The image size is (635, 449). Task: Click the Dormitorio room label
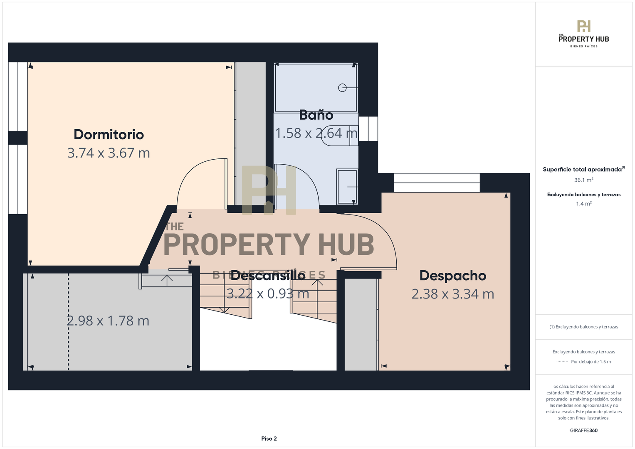[x=109, y=134]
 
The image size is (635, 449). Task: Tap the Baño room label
[x=316, y=115]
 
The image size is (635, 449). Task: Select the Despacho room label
[x=453, y=276]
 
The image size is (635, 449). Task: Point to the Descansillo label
[x=268, y=275]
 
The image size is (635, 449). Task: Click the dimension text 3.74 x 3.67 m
[x=109, y=153]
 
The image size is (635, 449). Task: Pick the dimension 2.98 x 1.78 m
[x=108, y=321]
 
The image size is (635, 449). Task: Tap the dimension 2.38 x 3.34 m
[x=453, y=294]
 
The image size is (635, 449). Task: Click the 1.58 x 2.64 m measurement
[x=316, y=133]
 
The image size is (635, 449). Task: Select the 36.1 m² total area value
[x=584, y=180]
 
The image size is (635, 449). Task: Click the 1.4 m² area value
[x=584, y=204]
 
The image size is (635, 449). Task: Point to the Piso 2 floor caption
[x=269, y=439]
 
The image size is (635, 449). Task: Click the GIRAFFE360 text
[x=584, y=430]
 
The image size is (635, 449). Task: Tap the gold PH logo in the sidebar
[x=584, y=26]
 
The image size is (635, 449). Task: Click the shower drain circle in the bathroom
[x=342, y=88]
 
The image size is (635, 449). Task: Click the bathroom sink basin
[x=347, y=187]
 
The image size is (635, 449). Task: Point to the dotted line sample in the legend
[x=562, y=362]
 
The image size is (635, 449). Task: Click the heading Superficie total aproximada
[x=582, y=170]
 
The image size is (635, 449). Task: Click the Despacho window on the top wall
[x=437, y=183]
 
